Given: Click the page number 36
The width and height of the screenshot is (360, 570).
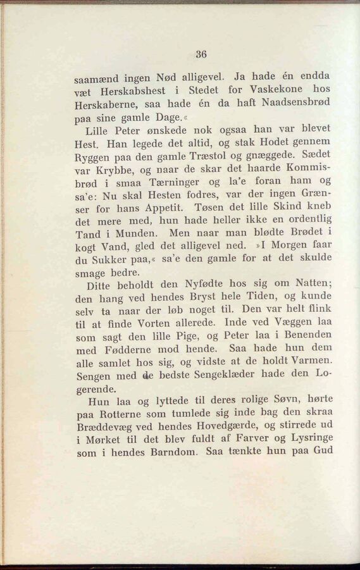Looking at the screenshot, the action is (x=201, y=54).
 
